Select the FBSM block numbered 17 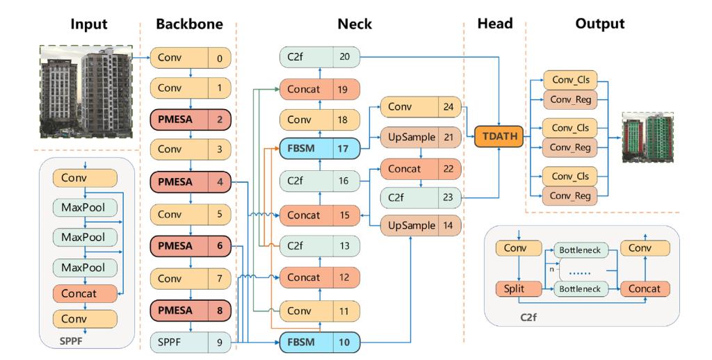click(323, 148)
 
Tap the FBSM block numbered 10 click(323, 341)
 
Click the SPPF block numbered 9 click(189, 341)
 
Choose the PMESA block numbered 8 click(189, 311)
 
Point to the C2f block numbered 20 click(323, 58)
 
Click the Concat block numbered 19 click(323, 89)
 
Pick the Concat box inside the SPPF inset click(85, 293)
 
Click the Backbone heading click(189, 24)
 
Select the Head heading click(494, 24)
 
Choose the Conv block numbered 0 click(189, 58)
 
